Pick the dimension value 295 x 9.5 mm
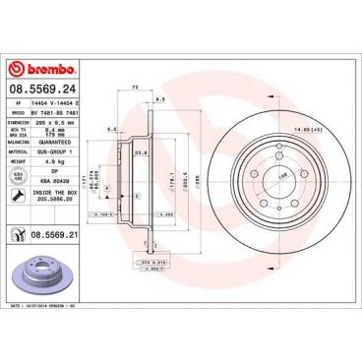tap(56, 122)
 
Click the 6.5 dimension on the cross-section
tap(114, 130)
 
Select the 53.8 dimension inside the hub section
tap(142, 152)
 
